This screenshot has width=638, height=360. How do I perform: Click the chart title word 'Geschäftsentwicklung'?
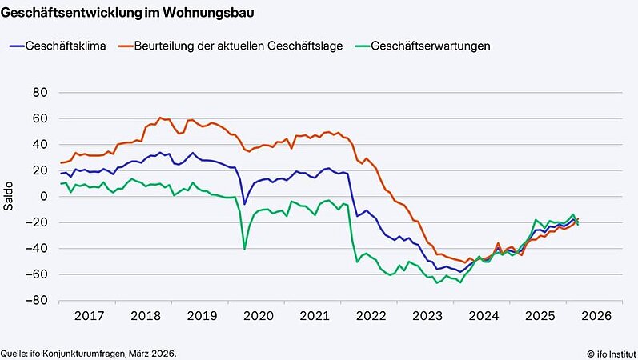click(63, 14)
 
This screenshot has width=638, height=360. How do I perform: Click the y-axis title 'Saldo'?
click(9, 197)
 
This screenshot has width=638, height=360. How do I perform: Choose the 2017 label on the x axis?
click(89, 316)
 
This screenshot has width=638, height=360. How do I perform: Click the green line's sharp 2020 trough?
click(244, 249)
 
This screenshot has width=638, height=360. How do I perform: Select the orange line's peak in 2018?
click(160, 118)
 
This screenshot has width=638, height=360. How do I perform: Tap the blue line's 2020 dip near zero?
click(245, 204)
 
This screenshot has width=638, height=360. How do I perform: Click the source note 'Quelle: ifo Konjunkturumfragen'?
click(88, 353)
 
